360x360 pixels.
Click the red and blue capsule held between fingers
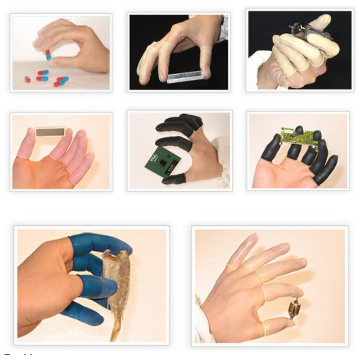click(48, 55)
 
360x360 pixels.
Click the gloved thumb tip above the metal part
click(321, 21)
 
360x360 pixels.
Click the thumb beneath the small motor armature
click(277, 326)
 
